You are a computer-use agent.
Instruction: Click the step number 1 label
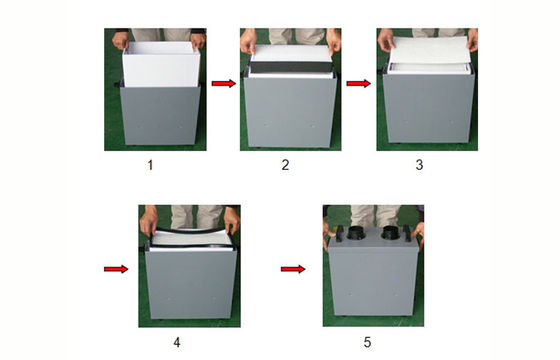tap(150, 165)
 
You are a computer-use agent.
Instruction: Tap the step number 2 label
tap(285, 165)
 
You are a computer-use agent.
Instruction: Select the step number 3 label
tap(419, 165)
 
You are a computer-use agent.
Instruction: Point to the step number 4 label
tap(177, 342)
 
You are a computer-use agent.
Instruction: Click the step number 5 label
tap(368, 342)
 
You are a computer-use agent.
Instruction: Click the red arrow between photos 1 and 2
tap(224, 83)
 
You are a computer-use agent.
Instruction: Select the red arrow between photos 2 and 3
tap(359, 83)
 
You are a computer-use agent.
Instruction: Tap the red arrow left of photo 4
tap(116, 269)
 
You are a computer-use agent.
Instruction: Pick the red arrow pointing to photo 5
tap(293, 269)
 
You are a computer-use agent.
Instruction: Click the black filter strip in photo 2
tap(291, 67)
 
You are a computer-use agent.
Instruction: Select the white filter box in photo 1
tap(161, 64)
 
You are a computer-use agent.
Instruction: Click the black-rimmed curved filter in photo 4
tap(192, 238)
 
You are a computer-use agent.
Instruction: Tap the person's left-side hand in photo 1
tap(120, 40)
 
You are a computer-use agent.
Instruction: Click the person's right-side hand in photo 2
tap(334, 40)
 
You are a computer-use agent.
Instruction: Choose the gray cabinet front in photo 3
tap(429, 107)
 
